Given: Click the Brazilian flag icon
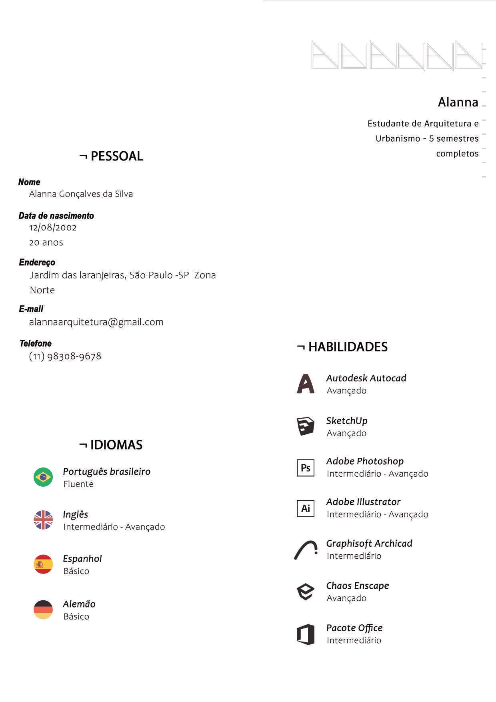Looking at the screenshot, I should (43, 477).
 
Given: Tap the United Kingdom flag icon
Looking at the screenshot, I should (43, 520).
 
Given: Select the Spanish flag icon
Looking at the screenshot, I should (43, 564).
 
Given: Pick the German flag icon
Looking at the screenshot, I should (43, 610).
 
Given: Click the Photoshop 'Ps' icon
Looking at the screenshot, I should (306, 467).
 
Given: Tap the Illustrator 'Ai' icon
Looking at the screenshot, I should (306, 508).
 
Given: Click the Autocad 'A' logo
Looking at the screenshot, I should (306, 384).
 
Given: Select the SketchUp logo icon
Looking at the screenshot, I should (306, 426).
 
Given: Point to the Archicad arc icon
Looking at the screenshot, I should (306, 550).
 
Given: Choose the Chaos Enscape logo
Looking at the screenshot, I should (306, 592).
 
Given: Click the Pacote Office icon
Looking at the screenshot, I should (306, 634).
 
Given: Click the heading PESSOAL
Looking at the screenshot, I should (112, 156).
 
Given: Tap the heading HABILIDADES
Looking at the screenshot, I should (343, 347).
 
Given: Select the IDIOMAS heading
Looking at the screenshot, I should (111, 445).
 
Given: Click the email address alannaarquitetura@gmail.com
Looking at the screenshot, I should (96, 322).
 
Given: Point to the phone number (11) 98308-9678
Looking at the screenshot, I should (65, 356).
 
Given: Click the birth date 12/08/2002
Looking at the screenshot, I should (53, 227).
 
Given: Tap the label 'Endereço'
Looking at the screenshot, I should (37, 263).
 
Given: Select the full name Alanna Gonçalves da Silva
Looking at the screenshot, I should (81, 194).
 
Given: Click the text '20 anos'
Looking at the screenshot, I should (46, 243).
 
